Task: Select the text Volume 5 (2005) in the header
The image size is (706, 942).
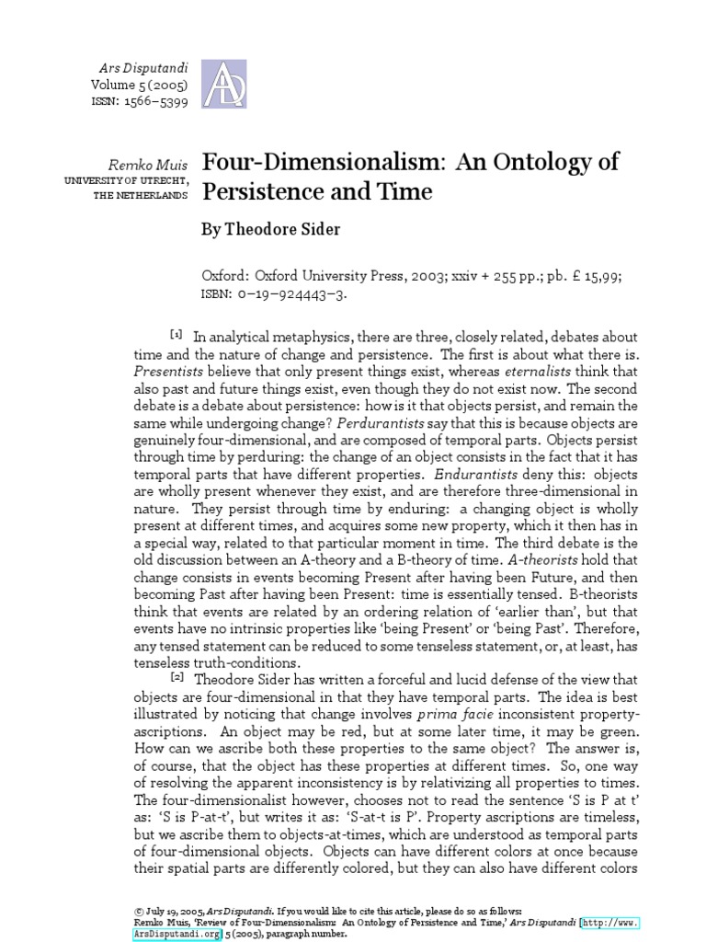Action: tap(139, 85)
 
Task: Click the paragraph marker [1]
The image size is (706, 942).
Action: tap(176, 333)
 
